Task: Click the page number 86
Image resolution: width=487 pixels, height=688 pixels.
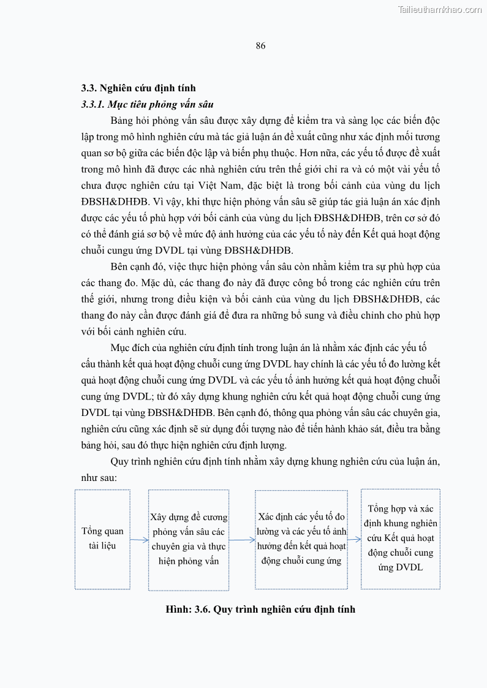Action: pyautogui.click(x=260, y=46)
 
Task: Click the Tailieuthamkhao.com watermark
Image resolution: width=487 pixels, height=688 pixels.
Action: pyautogui.click(x=439, y=9)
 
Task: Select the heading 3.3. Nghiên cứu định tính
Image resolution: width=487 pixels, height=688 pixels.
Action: pyautogui.click(x=138, y=88)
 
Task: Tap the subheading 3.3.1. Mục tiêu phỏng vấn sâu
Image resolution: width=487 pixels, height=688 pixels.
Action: pyautogui.click(x=147, y=104)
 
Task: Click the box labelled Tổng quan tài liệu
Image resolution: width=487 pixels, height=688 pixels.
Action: pyautogui.click(x=102, y=539)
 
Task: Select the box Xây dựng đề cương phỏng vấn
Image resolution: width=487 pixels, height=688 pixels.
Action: pyautogui.click(x=189, y=539)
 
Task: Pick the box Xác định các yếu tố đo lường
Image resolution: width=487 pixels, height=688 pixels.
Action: pyautogui.click(x=301, y=539)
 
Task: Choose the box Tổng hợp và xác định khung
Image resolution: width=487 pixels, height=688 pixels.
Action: pyautogui.click(x=401, y=538)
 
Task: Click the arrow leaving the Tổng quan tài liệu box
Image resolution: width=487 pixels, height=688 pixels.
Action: pyautogui.click(x=139, y=540)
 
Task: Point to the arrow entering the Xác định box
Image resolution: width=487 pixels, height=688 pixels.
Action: pyautogui.click(x=242, y=540)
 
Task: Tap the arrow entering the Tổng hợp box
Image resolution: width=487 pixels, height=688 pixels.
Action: pyautogui.click(x=354, y=540)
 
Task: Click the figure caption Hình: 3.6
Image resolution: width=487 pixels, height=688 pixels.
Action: pyautogui.click(x=260, y=609)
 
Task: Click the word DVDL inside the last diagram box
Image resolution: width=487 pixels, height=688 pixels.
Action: pyautogui.click(x=409, y=567)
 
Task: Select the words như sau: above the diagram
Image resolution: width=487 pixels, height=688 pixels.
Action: pyautogui.click(x=96, y=477)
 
